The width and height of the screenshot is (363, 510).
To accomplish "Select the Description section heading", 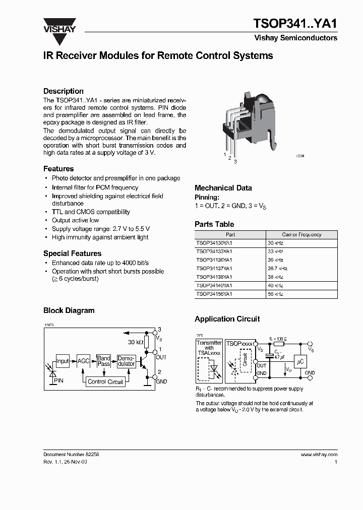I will click(64, 91).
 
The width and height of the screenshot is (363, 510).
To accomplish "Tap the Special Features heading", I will click(72, 253).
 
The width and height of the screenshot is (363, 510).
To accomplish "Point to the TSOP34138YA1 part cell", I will click(214, 277).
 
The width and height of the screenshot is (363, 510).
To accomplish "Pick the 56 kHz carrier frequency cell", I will click(275, 293).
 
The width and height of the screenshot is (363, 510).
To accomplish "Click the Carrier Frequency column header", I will click(301, 234).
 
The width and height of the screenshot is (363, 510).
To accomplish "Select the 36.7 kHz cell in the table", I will click(278, 268).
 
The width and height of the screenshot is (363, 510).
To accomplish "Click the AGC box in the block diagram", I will click(83, 361).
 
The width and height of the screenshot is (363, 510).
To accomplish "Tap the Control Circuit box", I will click(105, 381).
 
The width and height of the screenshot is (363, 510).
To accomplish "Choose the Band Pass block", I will click(104, 361).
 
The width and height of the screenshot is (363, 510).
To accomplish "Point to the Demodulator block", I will click(126, 361).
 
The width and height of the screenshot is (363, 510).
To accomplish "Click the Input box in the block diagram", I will click(63, 361).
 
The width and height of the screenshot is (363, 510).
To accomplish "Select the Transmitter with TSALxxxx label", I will click(209, 348).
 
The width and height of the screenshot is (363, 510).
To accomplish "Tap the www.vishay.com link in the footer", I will click(319, 454).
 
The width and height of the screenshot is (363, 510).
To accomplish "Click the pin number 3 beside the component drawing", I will click(235, 161).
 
